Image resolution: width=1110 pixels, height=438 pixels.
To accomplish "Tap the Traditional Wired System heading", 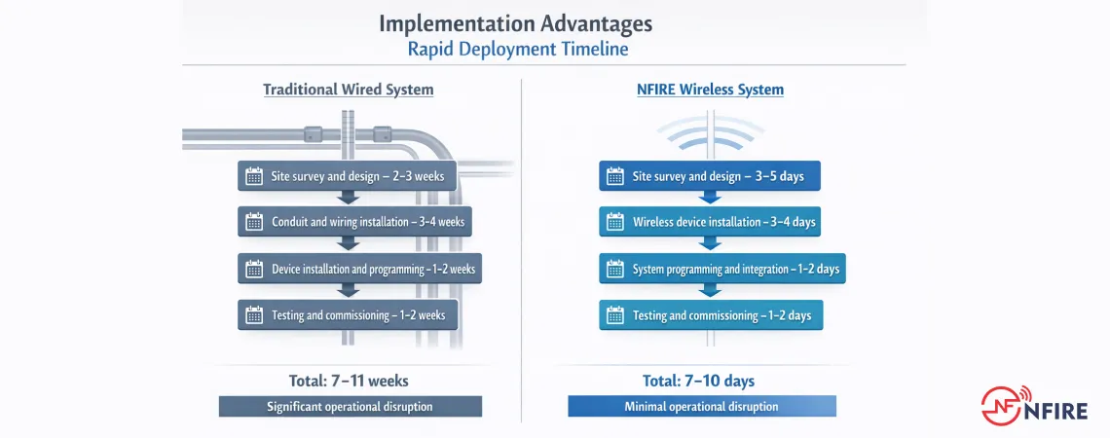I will (348, 90).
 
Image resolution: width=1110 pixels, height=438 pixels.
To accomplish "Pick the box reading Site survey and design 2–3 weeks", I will (348, 176).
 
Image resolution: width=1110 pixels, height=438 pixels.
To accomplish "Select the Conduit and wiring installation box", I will (355, 222).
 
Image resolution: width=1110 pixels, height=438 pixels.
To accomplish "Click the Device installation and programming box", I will (360, 269).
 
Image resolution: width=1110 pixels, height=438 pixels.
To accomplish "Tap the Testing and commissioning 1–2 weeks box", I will (348, 315).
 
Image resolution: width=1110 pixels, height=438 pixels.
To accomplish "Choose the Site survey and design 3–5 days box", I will (710, 176).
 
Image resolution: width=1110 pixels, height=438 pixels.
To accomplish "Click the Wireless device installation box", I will (710, 222).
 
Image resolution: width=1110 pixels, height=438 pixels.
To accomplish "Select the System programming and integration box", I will (721, 269).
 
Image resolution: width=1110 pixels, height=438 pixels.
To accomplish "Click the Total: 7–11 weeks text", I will (350, 381).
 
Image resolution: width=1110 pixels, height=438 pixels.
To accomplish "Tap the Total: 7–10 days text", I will (698, 381).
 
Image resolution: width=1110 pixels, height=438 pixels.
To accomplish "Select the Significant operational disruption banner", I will (350, 407).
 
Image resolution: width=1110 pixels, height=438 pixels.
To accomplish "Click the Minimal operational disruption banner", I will (701, 407).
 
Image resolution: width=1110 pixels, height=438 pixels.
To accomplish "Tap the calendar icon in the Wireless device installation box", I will (615, 222).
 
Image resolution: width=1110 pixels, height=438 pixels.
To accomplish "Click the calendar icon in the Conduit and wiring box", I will (254, 222).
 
